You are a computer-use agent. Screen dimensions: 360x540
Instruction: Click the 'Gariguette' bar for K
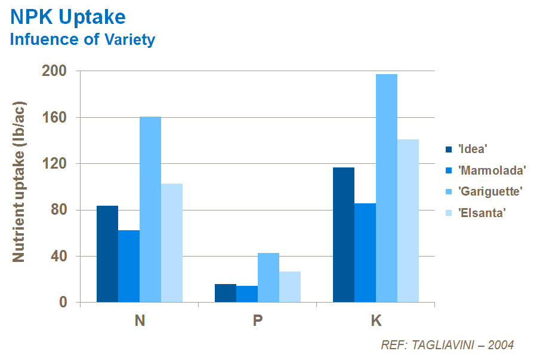387,188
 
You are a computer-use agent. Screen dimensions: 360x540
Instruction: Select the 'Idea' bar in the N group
107,254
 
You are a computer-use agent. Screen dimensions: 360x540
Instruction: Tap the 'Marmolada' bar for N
129,266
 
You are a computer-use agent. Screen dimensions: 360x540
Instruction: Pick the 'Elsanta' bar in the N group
172,242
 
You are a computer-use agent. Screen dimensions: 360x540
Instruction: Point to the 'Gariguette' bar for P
269,277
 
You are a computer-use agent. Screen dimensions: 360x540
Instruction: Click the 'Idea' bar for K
344,234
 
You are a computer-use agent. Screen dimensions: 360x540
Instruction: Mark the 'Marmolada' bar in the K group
365,252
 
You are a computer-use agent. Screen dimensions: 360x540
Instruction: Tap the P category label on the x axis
258,321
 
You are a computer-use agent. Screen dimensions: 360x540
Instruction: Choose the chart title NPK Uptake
68,17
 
